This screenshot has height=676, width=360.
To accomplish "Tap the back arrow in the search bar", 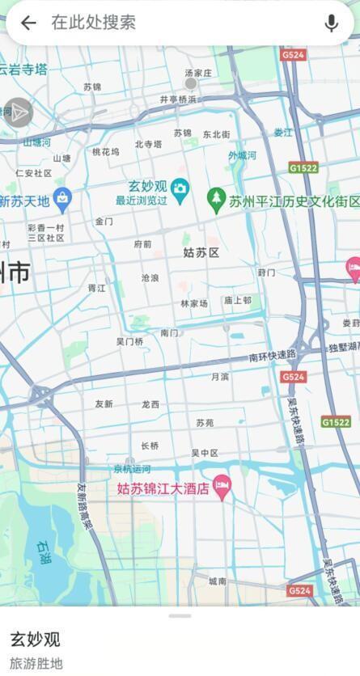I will click(28, 23).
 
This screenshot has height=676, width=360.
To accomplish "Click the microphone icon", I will click(331, 23).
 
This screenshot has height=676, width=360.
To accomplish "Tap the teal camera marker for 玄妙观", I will click(180, 188).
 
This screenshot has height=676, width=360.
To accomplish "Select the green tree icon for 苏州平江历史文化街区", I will click(215, 196).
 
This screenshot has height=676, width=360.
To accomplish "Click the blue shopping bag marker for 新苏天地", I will click(62, 197).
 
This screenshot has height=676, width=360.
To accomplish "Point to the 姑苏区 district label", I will click(201, 253).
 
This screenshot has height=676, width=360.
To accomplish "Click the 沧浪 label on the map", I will click(150, 277).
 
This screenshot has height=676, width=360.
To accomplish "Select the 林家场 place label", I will click(194, 303).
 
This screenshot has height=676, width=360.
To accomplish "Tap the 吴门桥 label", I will click(129, 342).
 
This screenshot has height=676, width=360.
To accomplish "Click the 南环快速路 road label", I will click(273, 356).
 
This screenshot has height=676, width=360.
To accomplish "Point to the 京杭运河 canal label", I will click(131, 469).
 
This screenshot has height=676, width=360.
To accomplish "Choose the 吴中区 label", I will click(205, 453).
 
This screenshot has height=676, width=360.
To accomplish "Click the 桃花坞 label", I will click(105, 151).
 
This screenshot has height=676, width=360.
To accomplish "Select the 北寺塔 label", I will click(149, 145).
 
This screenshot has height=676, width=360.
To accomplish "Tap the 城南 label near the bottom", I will click(218, 581).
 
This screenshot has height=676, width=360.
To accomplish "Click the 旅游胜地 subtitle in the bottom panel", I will click(36, 663).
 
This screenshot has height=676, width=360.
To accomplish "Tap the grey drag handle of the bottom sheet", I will click(180, 616).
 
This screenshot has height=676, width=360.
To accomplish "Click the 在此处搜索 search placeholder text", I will click(93, 23).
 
